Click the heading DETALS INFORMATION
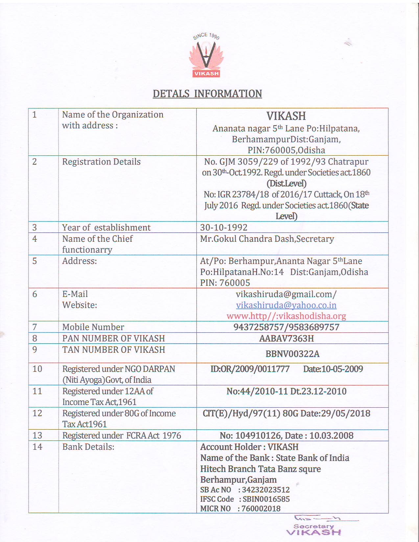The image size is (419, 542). [207, 94]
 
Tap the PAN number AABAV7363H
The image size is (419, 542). [286, 338]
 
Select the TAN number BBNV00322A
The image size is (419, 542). [292, 354]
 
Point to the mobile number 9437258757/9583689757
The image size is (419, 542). [286, 327]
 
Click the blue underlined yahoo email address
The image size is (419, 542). [286, 305]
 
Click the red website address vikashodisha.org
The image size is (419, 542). [286, 316]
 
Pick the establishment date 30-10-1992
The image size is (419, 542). [224, 227]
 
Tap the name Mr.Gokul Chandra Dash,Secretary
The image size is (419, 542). [267, 239]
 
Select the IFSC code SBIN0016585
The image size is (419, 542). [266, 499]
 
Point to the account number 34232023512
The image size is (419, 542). [266, 490]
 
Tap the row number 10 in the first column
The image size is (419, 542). [37, 369]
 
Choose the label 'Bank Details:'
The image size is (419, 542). [88, 447]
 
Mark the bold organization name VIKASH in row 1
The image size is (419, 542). [286, 116]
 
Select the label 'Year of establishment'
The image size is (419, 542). [106, 227]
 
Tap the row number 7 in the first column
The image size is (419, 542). [35, 327]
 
